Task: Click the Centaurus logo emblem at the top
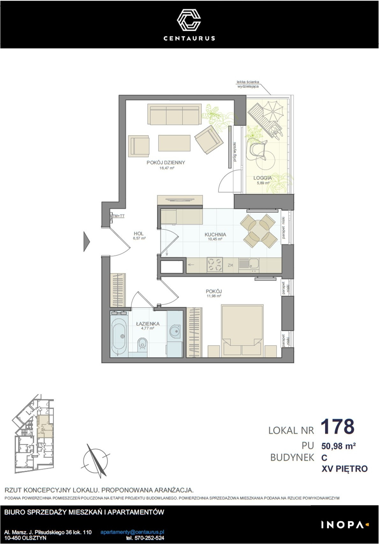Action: pyautogui.click(x=189, y=20)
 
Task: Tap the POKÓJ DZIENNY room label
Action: pyautogui.click(x=166, y=163)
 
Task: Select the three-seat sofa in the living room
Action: pyautogui.click(x=175, y=114)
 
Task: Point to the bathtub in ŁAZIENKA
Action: pyautogui.click(x=119, y=336)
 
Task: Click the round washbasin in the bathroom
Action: pyautogui.click(x=175, y=331)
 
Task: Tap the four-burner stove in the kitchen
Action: pyautogui.click(x=215, y=265)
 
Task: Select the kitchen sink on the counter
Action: pyautogui.click(x=249, y=265)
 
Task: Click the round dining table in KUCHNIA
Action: pyautogui.click(x=259, y=231)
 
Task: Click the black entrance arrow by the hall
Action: pyautogui.click(x=86, y=242)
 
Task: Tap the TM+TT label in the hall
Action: pyautogui.click(x=119, y=216)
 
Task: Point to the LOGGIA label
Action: pyautogui.click(x=263, y=178)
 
